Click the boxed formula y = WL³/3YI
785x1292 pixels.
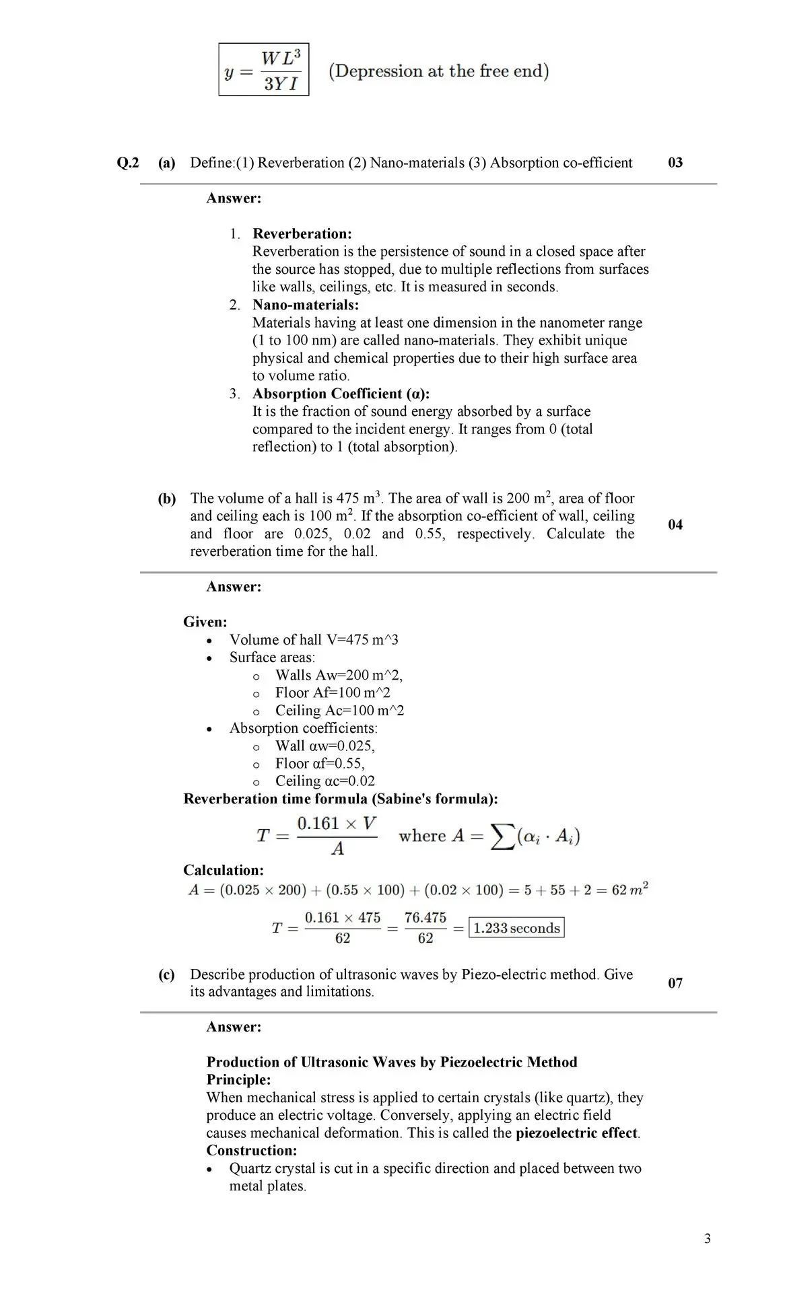264,70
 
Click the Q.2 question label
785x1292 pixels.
128,163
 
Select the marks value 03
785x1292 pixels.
675,163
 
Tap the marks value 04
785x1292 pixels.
675,525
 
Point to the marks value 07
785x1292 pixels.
675,983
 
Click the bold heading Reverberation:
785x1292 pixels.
302,234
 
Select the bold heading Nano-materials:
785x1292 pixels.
305,305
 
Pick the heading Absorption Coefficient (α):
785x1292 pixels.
341,394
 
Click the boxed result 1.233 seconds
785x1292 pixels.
516,928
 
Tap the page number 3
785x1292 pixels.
707,1239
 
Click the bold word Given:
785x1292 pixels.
205,622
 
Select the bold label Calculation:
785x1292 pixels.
224,870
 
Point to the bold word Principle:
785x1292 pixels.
238,1079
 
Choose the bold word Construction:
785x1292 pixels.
252,1150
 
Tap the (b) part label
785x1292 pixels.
167,499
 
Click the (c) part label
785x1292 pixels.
166,975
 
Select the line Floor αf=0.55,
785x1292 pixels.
320,763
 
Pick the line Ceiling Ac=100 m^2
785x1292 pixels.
339,711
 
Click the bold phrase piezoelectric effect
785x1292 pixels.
577,1133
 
